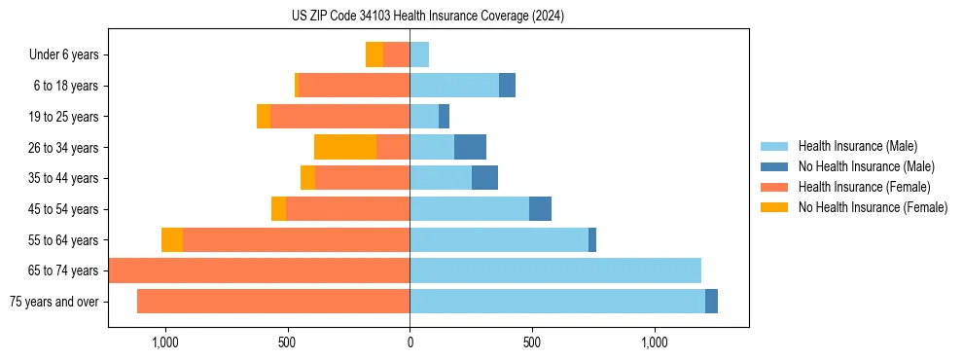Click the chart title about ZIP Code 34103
click(x=428, y=17)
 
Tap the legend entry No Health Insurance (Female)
click(x=873, y=207)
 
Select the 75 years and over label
click(x=53, y=302)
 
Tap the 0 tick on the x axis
click(x=410, y=342)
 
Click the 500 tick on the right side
click(x=532, y=342)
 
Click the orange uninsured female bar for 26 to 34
click(x=345, y=147)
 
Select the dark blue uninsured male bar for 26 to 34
click(x=470, y=147)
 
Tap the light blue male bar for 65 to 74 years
click(x=554, y=270)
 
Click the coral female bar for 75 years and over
click(x=273, y=302)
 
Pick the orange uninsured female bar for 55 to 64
click(x=172, y=239)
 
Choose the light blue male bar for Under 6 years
click(x=419, y=54)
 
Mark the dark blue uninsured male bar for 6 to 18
click(x=507, y=86)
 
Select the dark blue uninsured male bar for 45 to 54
click(x=540, y=209)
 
